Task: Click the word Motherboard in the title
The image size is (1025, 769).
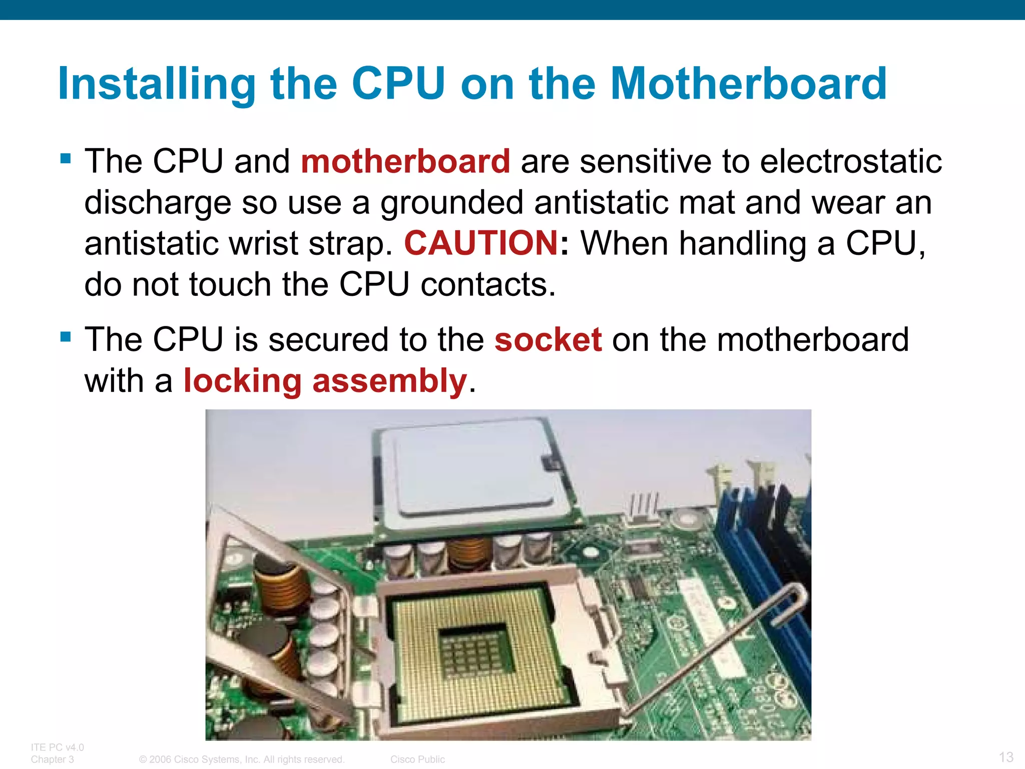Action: pos(748,84)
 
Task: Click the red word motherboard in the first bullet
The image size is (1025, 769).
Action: pos(405,162)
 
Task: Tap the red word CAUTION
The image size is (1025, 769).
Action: pos(481,243)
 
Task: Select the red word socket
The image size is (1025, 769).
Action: pos(548,340)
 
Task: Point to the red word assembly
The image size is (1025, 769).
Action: pos(389,381)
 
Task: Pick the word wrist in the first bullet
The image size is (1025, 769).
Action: pos(263,243)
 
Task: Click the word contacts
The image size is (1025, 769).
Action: pos(488,284)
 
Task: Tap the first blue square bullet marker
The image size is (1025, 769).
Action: pos(66,159)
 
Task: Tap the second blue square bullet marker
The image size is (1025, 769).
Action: pos(66,336)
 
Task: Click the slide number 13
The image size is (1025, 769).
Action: pos(1006,756)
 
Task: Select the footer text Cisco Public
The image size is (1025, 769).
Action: pos(417,759)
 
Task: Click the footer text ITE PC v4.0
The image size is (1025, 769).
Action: pos(57,747)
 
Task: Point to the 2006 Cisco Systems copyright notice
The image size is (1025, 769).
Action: pos(242,759)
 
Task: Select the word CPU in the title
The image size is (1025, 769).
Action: pos(398,84)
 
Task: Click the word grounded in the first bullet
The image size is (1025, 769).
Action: pos(452,203)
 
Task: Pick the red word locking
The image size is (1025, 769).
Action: pos(243,381)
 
